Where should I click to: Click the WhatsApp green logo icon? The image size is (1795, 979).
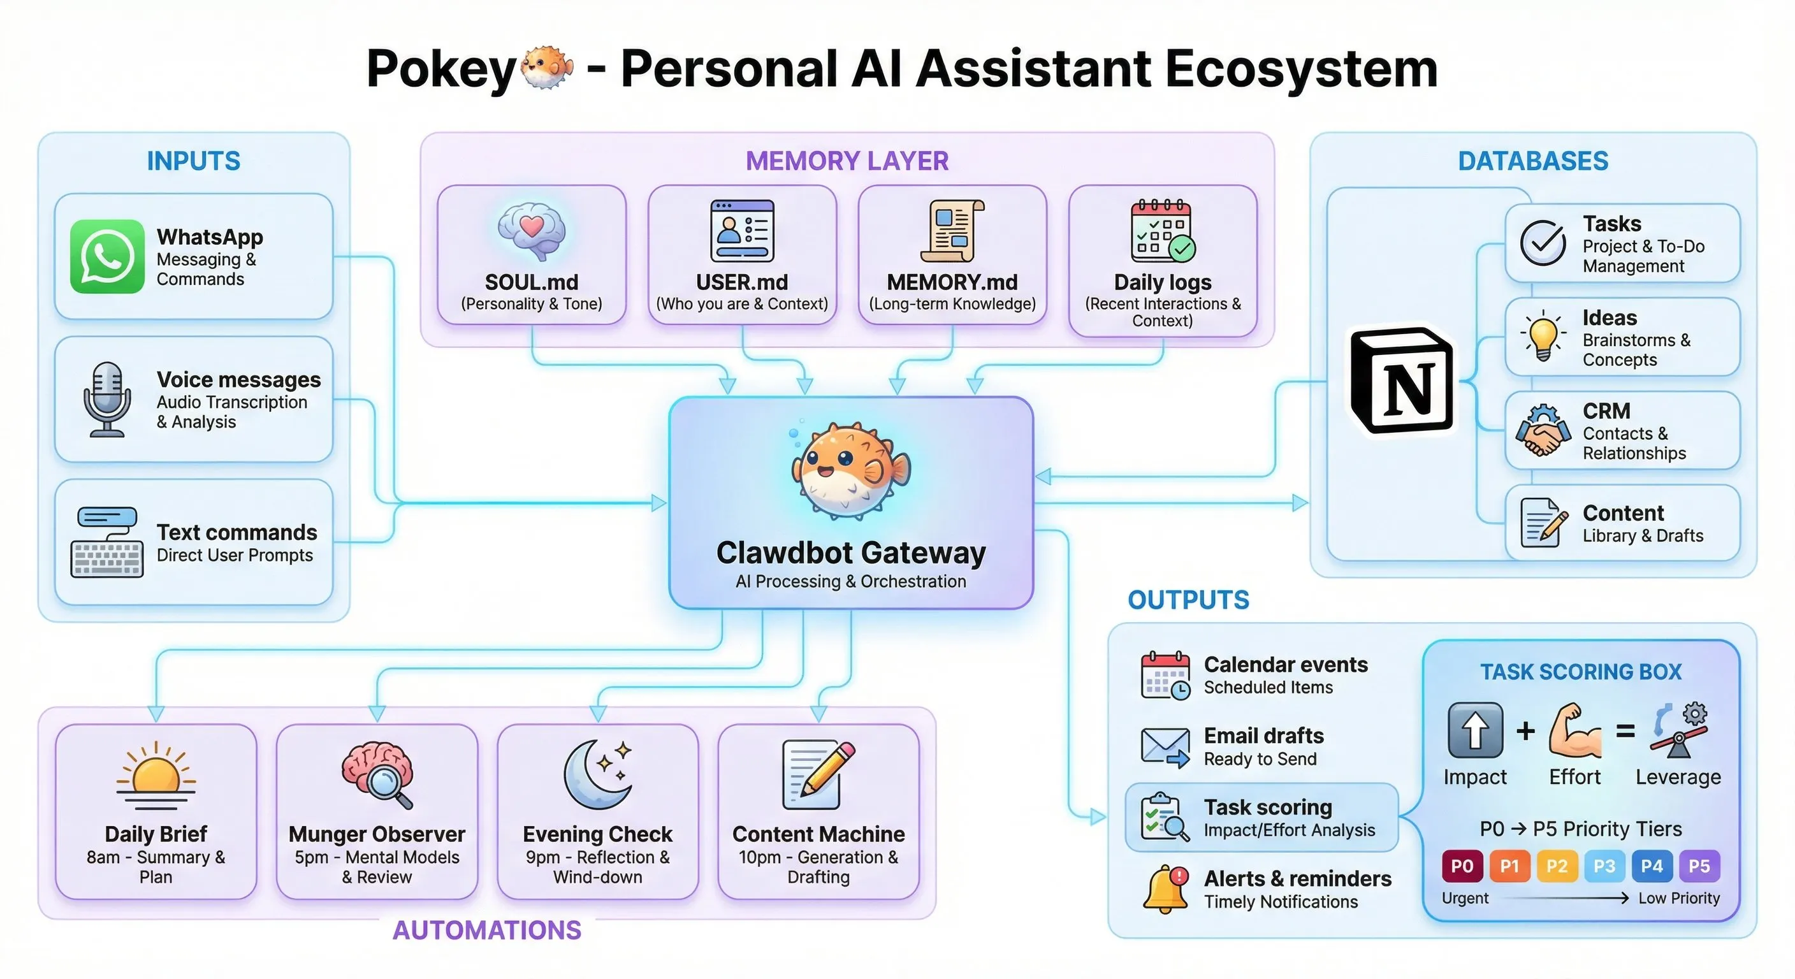(106, 256)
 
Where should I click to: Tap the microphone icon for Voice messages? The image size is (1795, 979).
(106, 398)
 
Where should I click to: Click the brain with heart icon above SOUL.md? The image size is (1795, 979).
(531, 231)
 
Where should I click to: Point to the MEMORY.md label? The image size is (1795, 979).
(952, 282)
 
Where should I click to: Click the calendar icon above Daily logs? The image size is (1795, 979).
(1162, 231)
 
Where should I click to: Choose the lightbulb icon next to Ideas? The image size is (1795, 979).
(1543, 335)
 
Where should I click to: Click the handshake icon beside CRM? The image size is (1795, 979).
(1543, 431)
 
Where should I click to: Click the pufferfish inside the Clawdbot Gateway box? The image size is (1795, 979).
(850, 470)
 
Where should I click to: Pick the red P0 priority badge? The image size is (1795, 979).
(1461, 866)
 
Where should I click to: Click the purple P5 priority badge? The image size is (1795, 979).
(1699, 866)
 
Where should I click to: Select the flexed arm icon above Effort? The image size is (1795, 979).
(1575, 732)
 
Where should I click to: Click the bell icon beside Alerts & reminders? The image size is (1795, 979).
(1165, 889)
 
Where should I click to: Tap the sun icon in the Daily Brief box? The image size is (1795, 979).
(156, 773)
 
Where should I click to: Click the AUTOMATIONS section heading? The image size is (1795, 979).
(486, 930)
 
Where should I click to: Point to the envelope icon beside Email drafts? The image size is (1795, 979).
(1165, 746)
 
